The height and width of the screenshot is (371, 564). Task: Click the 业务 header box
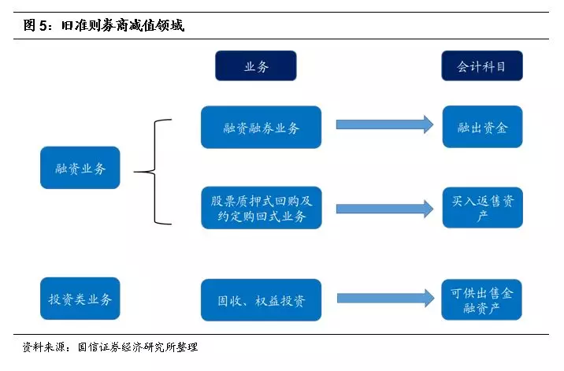pos(256,65)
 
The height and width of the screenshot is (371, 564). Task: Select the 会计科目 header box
pos(482,65)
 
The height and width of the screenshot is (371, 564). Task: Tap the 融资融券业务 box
pos(262,127)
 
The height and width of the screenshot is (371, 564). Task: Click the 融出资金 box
pos(482,127)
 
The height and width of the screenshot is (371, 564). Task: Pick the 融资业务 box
pos(80,168)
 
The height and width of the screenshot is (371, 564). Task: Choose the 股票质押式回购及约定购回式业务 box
pos(262,208)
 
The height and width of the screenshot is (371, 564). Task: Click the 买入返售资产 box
pos(482,208)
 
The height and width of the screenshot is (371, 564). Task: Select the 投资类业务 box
pos(80,299)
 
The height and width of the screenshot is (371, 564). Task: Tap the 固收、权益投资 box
pos(262,300)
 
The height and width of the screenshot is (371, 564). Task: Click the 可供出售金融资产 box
pos(481,300)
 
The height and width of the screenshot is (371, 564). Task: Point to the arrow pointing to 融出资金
pos(384,124)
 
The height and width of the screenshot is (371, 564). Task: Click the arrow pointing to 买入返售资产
pos(384,209)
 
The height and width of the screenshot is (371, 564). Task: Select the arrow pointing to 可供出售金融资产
pos(386,299)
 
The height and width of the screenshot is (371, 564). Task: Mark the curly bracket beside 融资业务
pos(155,172)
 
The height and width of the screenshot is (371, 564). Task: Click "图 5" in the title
pos(35,25)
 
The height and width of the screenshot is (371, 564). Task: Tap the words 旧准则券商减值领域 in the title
pos(123,25)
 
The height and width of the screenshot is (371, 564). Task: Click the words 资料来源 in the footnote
pos(43,347)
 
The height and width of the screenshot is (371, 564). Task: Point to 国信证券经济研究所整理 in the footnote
pos(138,347)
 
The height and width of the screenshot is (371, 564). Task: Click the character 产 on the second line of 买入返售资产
pos(482,216)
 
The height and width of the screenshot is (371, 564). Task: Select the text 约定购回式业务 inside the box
pos(262,217)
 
